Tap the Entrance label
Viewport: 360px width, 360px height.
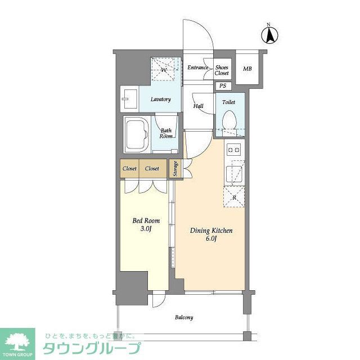(197, 68)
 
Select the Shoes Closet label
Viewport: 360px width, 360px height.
(222, 70)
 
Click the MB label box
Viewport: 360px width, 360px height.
(247, 69)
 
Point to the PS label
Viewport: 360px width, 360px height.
(223, 86)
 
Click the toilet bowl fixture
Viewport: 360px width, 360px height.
(229, 120)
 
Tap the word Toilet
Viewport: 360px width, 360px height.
(228, 102)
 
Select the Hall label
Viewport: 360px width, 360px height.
(199, 106)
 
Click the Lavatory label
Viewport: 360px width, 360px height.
(160, 100)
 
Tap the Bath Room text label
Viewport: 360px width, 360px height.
(165, 133)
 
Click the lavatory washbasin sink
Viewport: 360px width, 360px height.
(129, 100)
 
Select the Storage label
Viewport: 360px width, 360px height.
(175, 169)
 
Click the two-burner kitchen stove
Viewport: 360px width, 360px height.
(233, 150)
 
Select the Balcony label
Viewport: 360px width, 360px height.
(183, 317)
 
